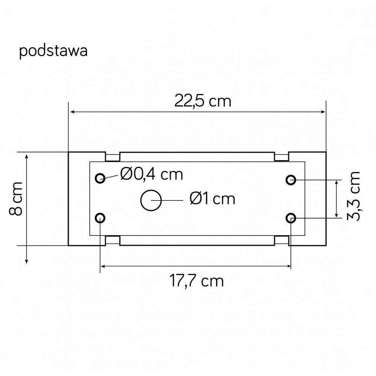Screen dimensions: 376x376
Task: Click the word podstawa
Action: [x=53, y=51]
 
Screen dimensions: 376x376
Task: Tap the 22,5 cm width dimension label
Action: [x=203, y=101]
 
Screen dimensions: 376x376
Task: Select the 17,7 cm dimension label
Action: [x=197, y=281]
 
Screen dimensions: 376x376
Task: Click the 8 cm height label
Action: [x=16, y=199]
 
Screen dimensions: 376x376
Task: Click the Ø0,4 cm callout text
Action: [x=152, y=174]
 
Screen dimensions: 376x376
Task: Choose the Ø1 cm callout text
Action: [x=212, y=199]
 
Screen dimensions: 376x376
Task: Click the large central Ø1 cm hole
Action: [x=151, y=200]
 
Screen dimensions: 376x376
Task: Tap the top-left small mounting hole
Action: [x=100, y=178]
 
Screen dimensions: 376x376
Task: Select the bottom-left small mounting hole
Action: [x=100, y=218]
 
